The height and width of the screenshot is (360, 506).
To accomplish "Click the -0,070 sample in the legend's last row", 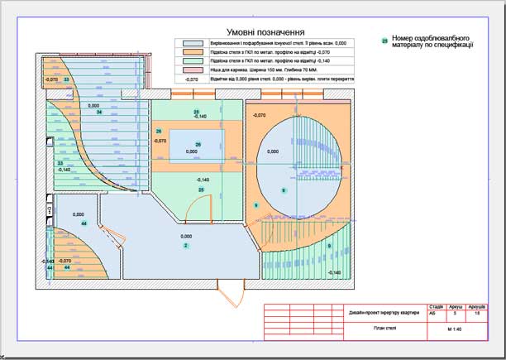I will (193, 80).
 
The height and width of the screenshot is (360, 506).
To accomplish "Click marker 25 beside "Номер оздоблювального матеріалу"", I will (384, 40).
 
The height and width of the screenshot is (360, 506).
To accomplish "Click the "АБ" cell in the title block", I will (435, 314).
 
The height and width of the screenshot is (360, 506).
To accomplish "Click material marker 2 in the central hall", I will (186, 246).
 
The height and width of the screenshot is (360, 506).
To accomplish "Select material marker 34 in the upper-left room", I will (99, 113).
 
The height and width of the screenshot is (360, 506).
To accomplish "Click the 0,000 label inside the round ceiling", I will (274, 151).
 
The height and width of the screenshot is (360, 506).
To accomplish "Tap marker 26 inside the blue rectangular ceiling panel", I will (198, 145).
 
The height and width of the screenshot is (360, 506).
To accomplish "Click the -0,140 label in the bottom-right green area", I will (334, 271).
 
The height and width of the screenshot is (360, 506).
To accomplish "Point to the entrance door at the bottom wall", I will (232, 291).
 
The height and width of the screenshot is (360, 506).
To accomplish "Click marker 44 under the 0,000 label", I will (84, 224).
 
